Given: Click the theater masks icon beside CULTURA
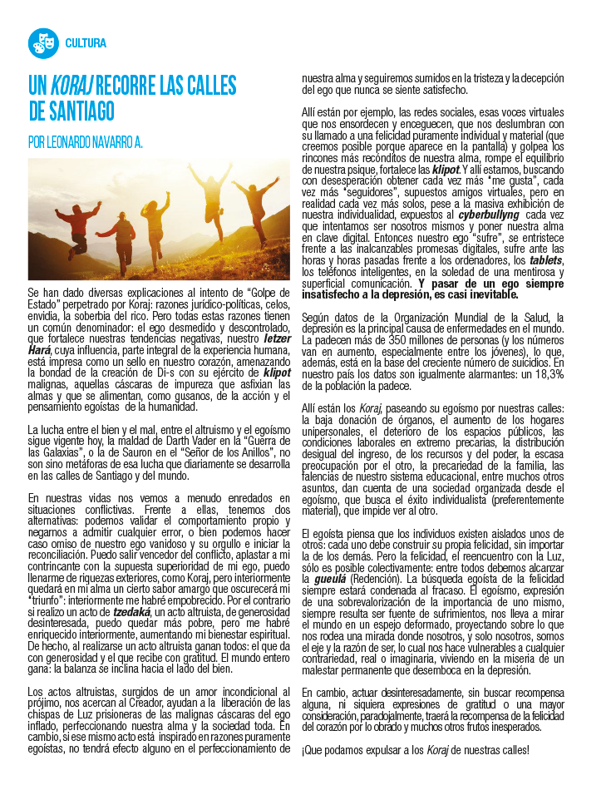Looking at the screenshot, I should [x=42, y=43].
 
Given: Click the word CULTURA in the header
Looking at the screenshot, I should [x=86, y=43].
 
